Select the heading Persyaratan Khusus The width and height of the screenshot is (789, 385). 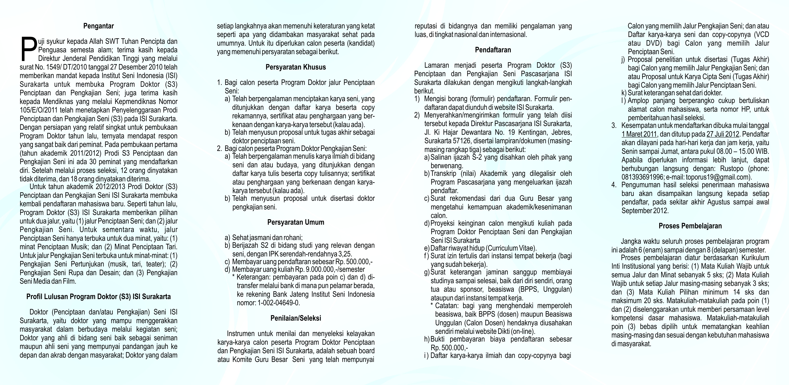point(296,67)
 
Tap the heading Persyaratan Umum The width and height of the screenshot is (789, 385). point(296,222)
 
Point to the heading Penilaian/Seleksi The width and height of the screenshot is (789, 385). point(296,318)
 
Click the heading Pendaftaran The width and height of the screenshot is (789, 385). point(493,50)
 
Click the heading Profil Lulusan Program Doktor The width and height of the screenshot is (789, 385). point(98,297)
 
